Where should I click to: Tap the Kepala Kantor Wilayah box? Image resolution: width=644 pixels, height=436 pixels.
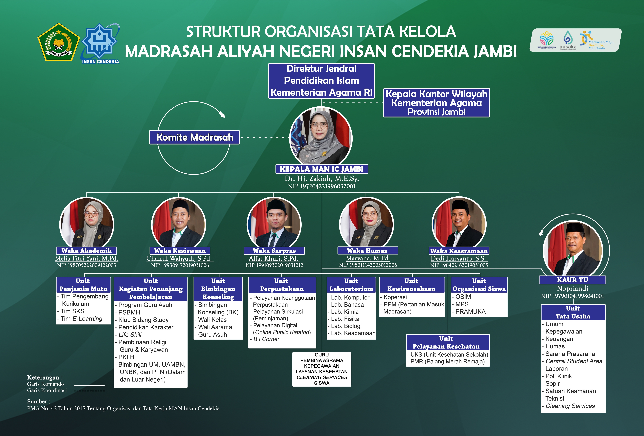tap(437, 103)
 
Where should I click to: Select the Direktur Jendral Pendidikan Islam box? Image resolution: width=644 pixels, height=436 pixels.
tap(321, 81)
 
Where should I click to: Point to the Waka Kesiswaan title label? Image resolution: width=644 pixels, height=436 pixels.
tap(180, 251)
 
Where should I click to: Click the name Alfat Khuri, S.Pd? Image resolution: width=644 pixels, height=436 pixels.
tap(274, 258)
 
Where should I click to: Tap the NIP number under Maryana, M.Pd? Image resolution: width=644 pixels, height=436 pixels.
tap(368, 265)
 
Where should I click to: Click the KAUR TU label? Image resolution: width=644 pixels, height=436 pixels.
tap(573, 280)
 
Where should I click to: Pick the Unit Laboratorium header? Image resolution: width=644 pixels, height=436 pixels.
tap(351, 285)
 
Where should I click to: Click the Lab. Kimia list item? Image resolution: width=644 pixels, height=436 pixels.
tap(345, 312)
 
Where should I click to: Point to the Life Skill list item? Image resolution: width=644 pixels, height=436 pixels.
tap(128, 335)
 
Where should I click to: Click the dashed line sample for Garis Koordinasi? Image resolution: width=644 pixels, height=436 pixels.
tap(89, 391)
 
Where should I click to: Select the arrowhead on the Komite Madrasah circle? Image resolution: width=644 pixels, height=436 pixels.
tap(222, 114)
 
